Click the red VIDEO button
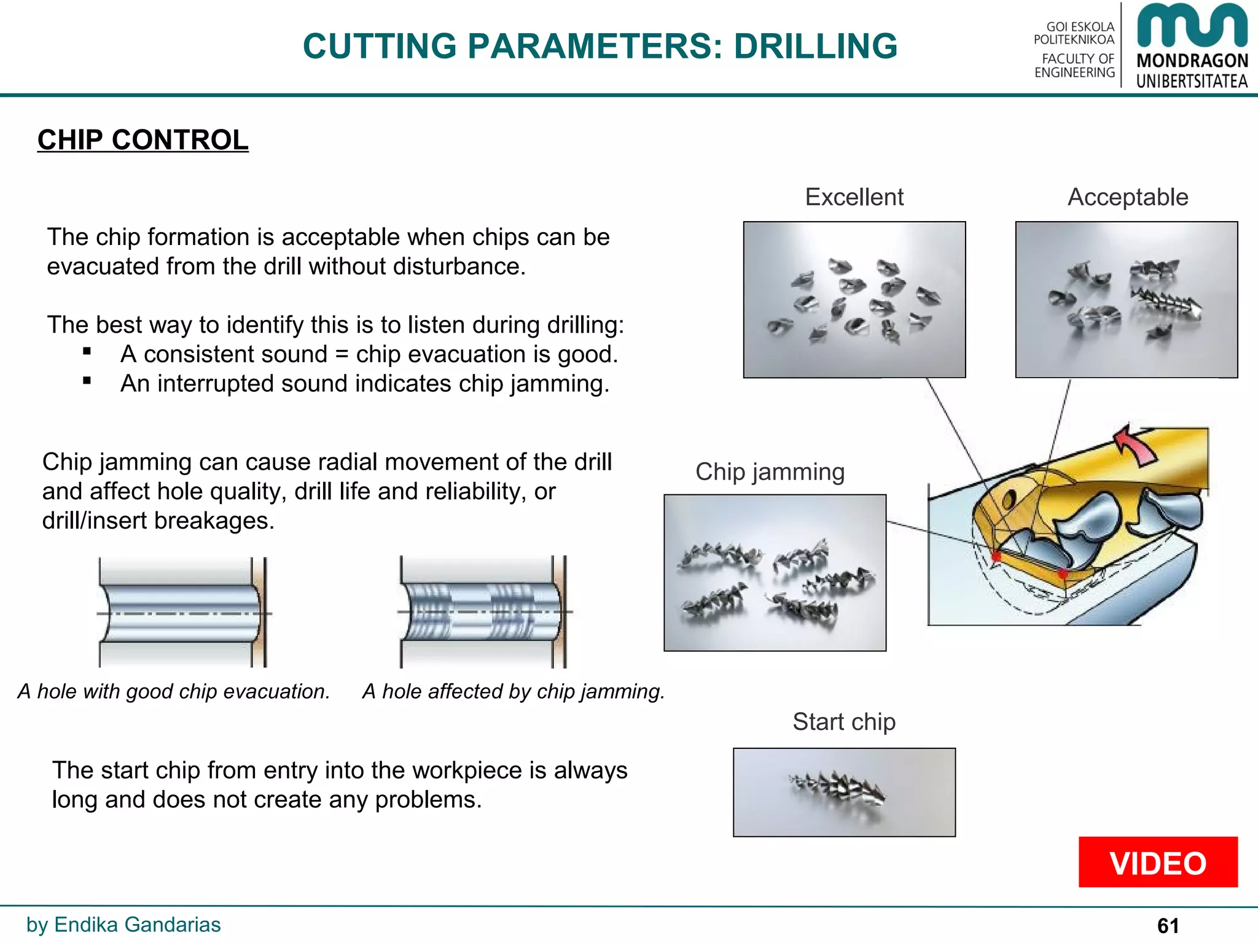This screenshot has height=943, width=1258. tap(1158, 863)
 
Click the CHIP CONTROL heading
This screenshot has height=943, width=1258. tap(143, 140)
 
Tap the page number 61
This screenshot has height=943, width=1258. tap(1168, 925)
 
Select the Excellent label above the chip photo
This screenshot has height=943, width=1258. tap(854, 197)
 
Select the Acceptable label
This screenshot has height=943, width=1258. tap(1128, 197)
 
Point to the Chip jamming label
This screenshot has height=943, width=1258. tap(770, 472)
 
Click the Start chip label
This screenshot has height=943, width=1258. tap(843, 722)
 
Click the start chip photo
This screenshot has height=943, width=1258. tap(844, 792)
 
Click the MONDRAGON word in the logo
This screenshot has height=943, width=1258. tap(1192, 61)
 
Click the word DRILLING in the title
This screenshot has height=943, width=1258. tap(815, 46)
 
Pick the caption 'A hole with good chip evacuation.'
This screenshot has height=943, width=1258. tap(174, 691)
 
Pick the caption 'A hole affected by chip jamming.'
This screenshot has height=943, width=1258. tap(514, 691)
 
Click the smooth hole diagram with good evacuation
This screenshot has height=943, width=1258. tap(182, 613)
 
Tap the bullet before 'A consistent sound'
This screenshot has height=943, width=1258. tap(87, 352)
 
